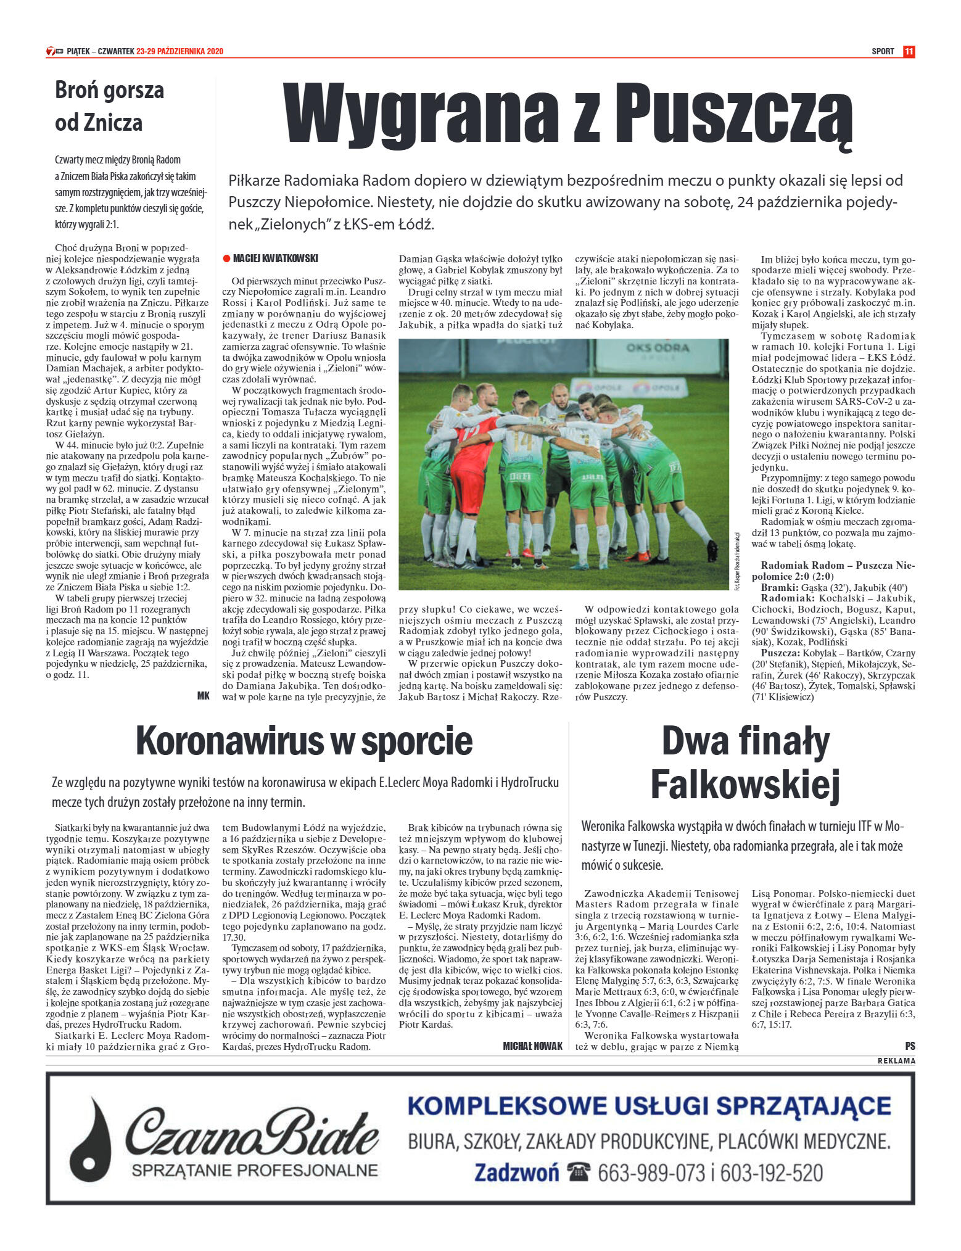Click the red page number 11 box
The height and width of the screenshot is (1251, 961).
coord(909,51)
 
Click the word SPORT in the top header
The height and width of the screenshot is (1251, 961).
coord(883,51)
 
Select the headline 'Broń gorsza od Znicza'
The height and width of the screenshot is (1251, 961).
coord(109,106)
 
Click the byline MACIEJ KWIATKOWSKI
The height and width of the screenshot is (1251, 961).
coord(275,259)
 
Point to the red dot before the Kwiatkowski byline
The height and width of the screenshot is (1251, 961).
coord(226,259)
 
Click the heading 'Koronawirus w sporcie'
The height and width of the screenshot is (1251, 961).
coord(304,741)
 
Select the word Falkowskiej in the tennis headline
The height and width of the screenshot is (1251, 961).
coord(745,785)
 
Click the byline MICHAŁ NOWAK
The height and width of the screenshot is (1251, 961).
coord(533,1046)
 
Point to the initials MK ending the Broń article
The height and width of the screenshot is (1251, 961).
coord(203,696)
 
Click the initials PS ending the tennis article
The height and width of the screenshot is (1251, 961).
coord(910,1046)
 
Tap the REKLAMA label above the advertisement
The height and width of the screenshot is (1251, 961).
coord(896,1061)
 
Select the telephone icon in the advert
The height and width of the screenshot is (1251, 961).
coord(579,1173)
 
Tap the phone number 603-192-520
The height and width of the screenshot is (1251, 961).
coord(772,1173)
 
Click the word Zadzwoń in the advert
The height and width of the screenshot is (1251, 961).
coord(516,1173)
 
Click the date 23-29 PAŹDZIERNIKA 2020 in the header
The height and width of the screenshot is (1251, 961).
coord(179,51)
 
